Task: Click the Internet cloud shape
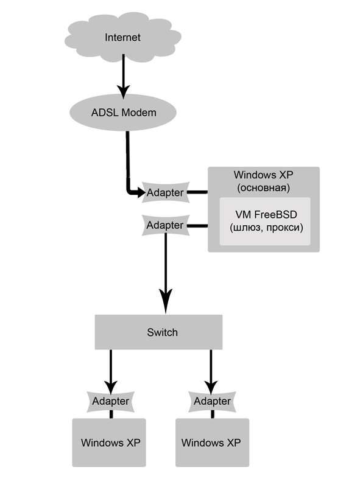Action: click(122, 37)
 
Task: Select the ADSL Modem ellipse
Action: click(123, 113)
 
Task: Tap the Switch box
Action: click(158, 332)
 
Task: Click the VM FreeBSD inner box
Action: click(265, 221)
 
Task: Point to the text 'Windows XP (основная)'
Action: click(263, 181)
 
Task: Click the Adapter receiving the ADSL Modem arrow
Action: click(166, 192)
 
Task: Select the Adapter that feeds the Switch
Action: click(166, 225)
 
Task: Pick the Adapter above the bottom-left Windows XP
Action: click(111, 401)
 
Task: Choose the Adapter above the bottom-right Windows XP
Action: click(212, 401)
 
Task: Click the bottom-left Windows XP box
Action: click(109, 442)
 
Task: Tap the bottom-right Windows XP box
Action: click(212, 442)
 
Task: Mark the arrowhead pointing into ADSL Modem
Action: click(123, 92)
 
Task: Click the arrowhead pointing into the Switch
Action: click(166, 301)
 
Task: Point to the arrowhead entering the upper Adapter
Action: click(141, 192)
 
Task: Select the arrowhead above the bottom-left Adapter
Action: click(111, 387)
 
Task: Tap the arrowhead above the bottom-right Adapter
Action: click(211, 387)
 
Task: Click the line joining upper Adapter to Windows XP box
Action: click(197, 192)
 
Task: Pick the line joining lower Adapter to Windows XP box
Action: click(197, 226)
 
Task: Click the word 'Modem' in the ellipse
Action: click(139, 113)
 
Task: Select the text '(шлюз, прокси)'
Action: click(266, 228)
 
